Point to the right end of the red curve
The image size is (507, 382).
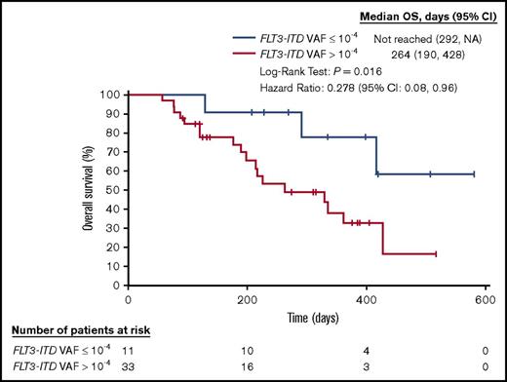(436, 253)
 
